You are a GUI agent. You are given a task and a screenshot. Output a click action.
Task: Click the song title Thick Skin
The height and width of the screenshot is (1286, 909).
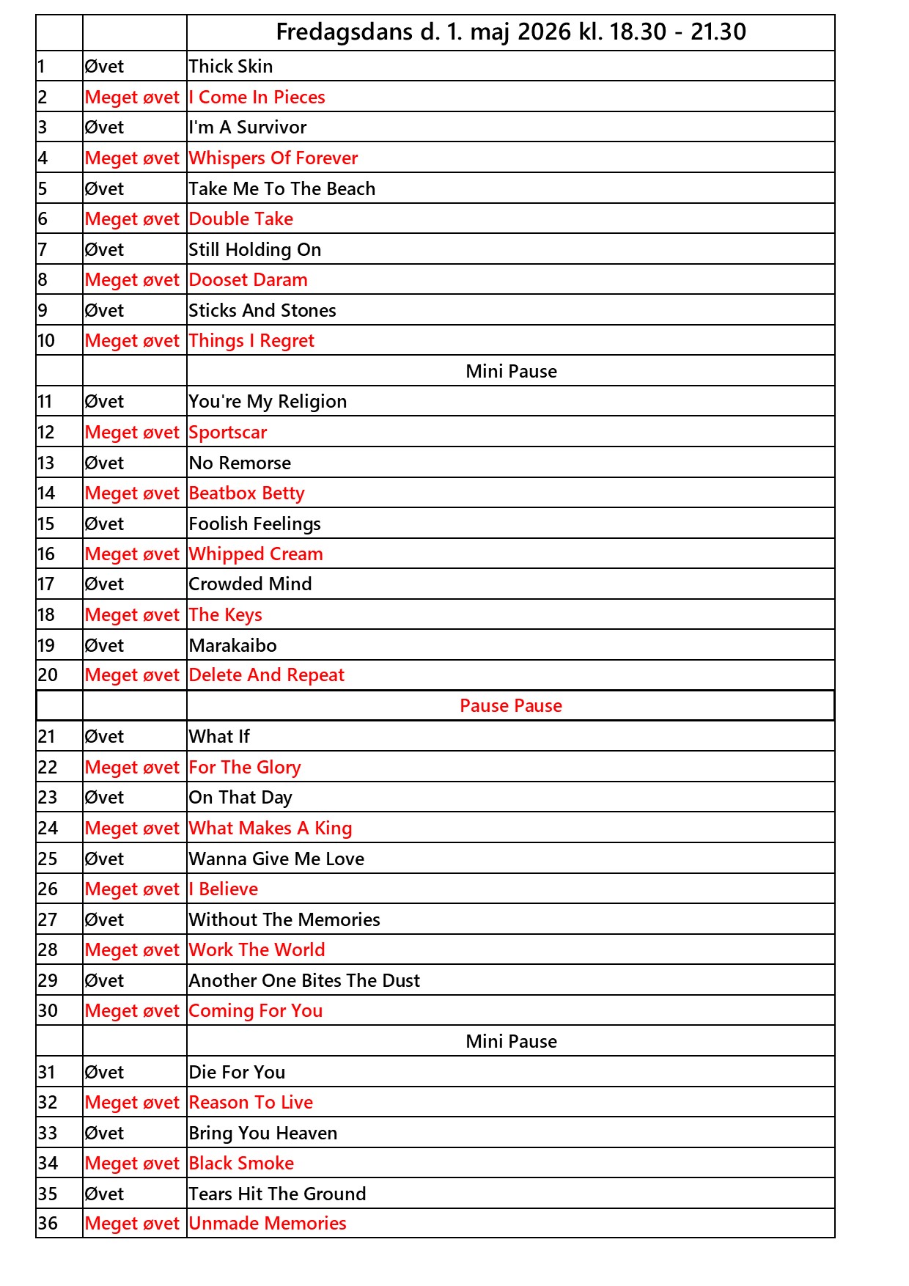coord(230,67)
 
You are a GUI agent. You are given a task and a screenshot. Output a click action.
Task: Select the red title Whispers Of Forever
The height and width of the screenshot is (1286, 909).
coord(273,158)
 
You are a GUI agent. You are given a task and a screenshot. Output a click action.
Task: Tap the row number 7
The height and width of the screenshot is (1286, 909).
coord(43,250)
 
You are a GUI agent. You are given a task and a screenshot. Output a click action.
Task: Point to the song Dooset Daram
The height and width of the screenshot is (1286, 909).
coord(248,280)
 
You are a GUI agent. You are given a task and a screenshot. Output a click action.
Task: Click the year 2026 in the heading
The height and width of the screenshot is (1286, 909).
coord(544,32)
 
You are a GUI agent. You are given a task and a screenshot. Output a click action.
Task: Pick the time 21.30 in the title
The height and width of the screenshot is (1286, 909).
coord(718,32)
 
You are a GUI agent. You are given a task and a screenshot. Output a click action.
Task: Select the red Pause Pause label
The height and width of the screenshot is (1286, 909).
coord(511,706)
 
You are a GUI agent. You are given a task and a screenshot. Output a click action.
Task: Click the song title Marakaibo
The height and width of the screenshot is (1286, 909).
coord(232,646)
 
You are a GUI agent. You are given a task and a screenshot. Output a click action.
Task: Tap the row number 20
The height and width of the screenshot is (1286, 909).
coord(48,675)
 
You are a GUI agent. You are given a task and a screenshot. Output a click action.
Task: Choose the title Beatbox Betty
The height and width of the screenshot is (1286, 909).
coord(246,493)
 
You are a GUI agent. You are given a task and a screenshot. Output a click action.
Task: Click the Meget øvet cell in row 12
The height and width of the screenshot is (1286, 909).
coord(132,433)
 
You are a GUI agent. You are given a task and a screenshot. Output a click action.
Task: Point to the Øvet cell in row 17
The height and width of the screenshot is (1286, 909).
coord(104,584)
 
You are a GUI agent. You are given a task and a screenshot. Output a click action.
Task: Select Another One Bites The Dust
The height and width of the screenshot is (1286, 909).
coord(304,981)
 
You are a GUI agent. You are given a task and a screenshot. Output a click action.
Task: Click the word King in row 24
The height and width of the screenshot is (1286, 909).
coord(334,828)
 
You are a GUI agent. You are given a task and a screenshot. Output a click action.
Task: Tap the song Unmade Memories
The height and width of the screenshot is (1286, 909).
coord(268,1224)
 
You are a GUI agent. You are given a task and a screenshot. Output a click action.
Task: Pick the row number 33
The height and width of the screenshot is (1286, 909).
coord(48,1133)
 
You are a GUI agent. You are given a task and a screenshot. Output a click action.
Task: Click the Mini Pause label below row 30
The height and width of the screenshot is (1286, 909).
coord(511,1042)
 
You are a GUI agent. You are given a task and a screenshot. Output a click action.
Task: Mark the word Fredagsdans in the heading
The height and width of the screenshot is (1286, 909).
coord(345,32)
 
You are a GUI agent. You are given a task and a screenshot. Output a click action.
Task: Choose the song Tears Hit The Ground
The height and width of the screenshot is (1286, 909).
coord(277,1194)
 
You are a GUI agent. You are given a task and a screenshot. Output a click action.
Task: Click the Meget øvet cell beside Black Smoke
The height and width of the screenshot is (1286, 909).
coord(132,1164)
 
